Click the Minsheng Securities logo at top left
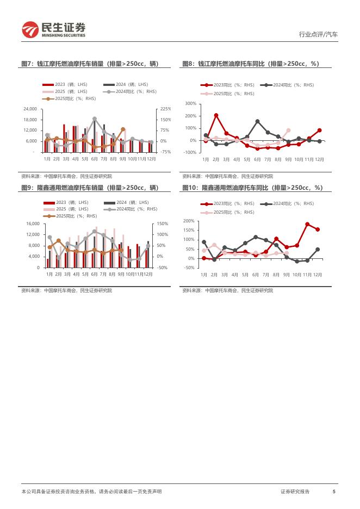[x=53, y=30]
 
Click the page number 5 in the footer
[x=334, y=492]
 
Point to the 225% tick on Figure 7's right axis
[x=165, y=109]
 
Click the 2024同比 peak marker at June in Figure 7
[x=95, y=119]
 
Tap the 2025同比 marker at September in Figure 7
[x=123, y=129]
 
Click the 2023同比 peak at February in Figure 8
[x=216, y=115]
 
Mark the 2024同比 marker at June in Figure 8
[x=257, y=121]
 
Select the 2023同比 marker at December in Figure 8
[x=319, y=130]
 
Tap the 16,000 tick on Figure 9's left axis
[x=32, y=224]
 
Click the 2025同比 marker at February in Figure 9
[x=59, y=240]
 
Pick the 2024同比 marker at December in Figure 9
[x=148, y=245]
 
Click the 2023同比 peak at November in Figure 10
[x=307, y=224]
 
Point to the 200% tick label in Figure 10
[x=189, y=221]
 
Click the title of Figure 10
[x=252, y=188]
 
